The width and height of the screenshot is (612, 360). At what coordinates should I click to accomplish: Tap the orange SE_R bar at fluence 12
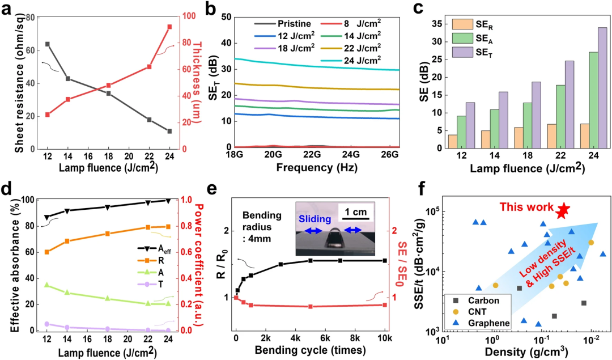point(452,141)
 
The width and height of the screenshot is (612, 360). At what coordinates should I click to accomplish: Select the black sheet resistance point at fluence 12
point(48,44)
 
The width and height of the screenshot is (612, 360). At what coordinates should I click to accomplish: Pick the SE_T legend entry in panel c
point(474,52)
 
